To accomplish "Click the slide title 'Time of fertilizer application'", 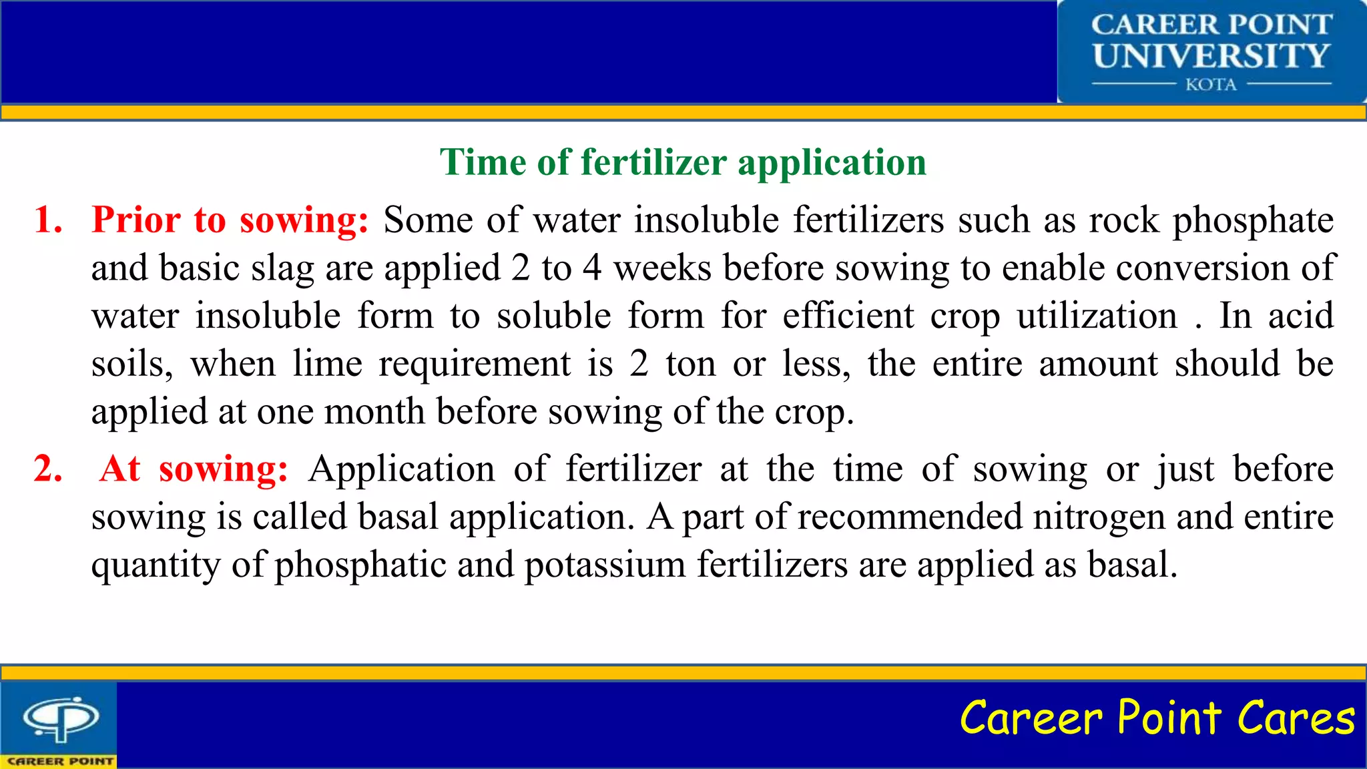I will (683, 162).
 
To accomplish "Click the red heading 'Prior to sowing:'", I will (230, 220).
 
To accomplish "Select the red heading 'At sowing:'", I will (194, 469).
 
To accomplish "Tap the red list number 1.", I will (48, 220).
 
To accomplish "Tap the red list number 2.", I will (48, 469).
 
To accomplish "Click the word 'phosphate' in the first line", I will (1253, 221).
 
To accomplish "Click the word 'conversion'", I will (1202, 268).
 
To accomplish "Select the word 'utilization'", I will (1097, 316).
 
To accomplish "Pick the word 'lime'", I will (327, 364).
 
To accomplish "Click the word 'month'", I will (374, 411).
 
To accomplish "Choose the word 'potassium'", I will (605, 565).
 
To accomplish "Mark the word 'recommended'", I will (910, 517).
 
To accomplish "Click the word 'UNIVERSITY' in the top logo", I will (1211, 56).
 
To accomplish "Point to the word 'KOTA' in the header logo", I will (1211, 85).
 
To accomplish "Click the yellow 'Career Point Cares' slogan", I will (1157, 718).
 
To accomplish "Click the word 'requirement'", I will (475, 364).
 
